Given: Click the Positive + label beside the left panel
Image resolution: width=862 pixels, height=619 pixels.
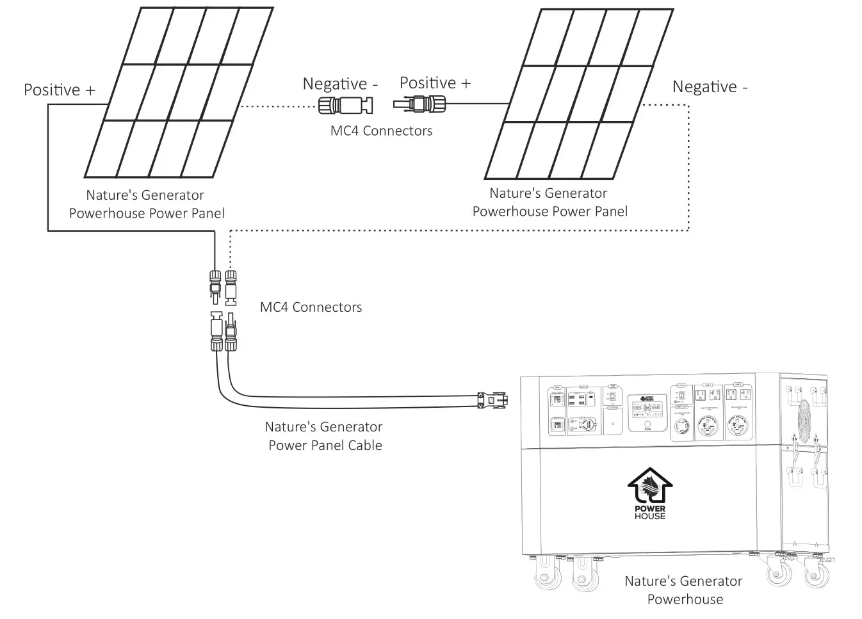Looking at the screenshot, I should pos(59,90).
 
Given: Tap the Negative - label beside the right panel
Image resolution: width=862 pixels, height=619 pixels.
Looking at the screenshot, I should pos(710,87).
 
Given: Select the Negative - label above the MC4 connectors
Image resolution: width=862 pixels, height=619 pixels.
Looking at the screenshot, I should pos(340,84).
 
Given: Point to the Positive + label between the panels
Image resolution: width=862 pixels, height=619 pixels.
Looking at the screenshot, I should pos(435,83).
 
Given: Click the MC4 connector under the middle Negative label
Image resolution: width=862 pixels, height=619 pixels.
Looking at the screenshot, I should pos(346,105).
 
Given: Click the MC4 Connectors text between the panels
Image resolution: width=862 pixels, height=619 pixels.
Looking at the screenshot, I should pos(381,131).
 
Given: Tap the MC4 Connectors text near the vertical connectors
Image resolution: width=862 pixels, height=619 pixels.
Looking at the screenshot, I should pos(311,307).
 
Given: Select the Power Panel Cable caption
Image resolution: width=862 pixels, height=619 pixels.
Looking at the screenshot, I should pos(324,436).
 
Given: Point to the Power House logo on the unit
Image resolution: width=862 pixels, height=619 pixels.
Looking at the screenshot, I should pos(649,494).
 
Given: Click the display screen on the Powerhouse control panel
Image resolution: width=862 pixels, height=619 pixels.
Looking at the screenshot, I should pos(647,408).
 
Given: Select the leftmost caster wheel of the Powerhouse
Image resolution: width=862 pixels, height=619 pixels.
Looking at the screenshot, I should pos(548,575).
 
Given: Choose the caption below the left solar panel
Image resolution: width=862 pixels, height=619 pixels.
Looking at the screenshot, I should pos(147,204).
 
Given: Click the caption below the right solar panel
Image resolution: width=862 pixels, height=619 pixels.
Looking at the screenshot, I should pos(549,202).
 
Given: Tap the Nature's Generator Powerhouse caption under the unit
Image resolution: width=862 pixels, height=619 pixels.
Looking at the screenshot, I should pos(683,590).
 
